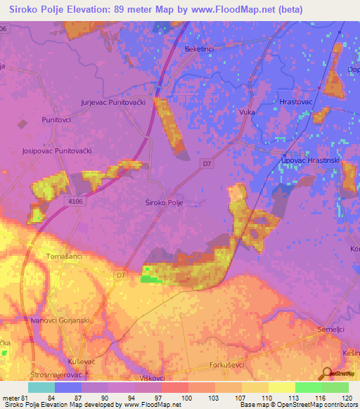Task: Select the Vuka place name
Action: (x=247, y=112)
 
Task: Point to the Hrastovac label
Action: (x=295, y=102)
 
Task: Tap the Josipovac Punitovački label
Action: (x=57, y=151)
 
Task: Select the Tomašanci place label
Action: (x=64, y=256)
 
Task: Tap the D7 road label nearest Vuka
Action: (x=206, y=164)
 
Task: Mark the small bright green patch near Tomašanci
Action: (x=149, y=279)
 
